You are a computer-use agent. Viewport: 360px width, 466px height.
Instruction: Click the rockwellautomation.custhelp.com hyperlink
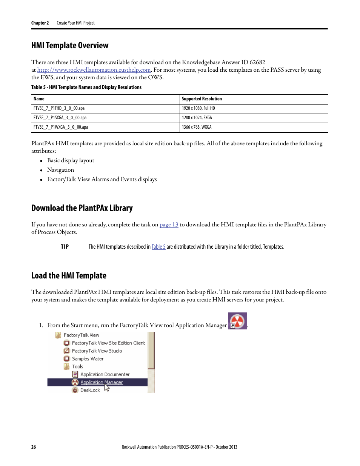pos(94,70)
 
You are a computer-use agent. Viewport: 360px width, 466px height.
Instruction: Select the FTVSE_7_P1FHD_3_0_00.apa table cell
pos(59,108)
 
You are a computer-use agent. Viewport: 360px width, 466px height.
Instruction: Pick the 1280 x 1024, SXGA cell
pos(197,118)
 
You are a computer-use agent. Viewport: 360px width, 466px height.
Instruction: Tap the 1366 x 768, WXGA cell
pos(197,127)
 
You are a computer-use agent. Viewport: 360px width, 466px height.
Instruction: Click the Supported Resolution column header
pos(202,99)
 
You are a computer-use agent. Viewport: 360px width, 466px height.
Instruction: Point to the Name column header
pos(39,99)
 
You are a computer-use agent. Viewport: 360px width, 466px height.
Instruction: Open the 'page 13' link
pos(169,225)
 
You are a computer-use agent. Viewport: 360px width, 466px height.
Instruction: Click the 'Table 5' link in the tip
pos(158,247)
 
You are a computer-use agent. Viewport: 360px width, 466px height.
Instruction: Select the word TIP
pos(65,247)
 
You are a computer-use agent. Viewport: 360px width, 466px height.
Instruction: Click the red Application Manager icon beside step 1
pos(237,321)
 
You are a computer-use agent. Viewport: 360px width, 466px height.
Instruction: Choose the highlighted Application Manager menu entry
pos(101,382)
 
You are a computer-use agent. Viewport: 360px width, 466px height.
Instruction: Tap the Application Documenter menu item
pos(105,374)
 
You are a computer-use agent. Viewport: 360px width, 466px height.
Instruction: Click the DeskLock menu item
pos(90,390)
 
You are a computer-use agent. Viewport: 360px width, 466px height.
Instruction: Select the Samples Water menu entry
pos(88,359)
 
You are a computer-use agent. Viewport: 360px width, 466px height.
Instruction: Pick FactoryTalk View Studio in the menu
pos(97,351)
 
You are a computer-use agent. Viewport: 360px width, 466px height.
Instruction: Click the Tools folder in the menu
pos(77,366)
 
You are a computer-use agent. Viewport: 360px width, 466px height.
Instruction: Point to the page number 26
pos(34,447)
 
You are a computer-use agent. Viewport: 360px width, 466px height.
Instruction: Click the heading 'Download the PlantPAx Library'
pos(82,208)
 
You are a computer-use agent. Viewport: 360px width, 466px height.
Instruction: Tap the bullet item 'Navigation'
pos(60,170)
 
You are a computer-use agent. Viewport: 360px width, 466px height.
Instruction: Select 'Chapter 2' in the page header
pos(40,23)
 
